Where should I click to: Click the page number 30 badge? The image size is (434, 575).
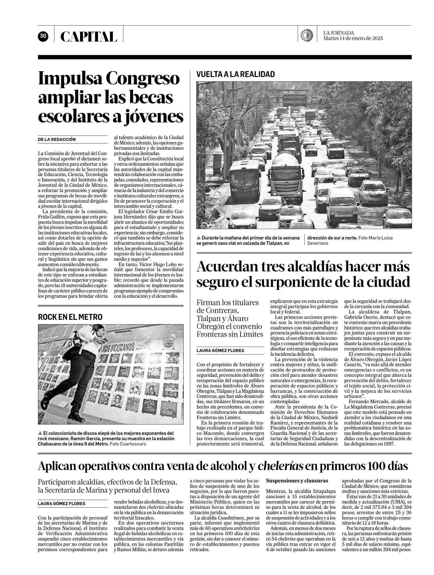tap(43, 36)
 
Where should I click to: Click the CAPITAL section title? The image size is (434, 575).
tap(89, 37)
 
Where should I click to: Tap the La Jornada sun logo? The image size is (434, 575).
tap(306, 35)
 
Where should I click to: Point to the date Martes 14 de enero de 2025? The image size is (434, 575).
tap(353, 39)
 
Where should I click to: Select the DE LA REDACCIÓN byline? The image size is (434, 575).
tap(57, 139)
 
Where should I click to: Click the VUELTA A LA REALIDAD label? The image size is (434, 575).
tap(235, 75)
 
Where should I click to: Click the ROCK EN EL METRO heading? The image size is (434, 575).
tap(70, 317)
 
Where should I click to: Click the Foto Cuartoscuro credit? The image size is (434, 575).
tap(128, 444)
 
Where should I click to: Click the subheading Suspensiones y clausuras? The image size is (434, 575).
tap(297, 481)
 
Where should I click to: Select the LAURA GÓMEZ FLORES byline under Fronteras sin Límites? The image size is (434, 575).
tap(220, 350)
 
